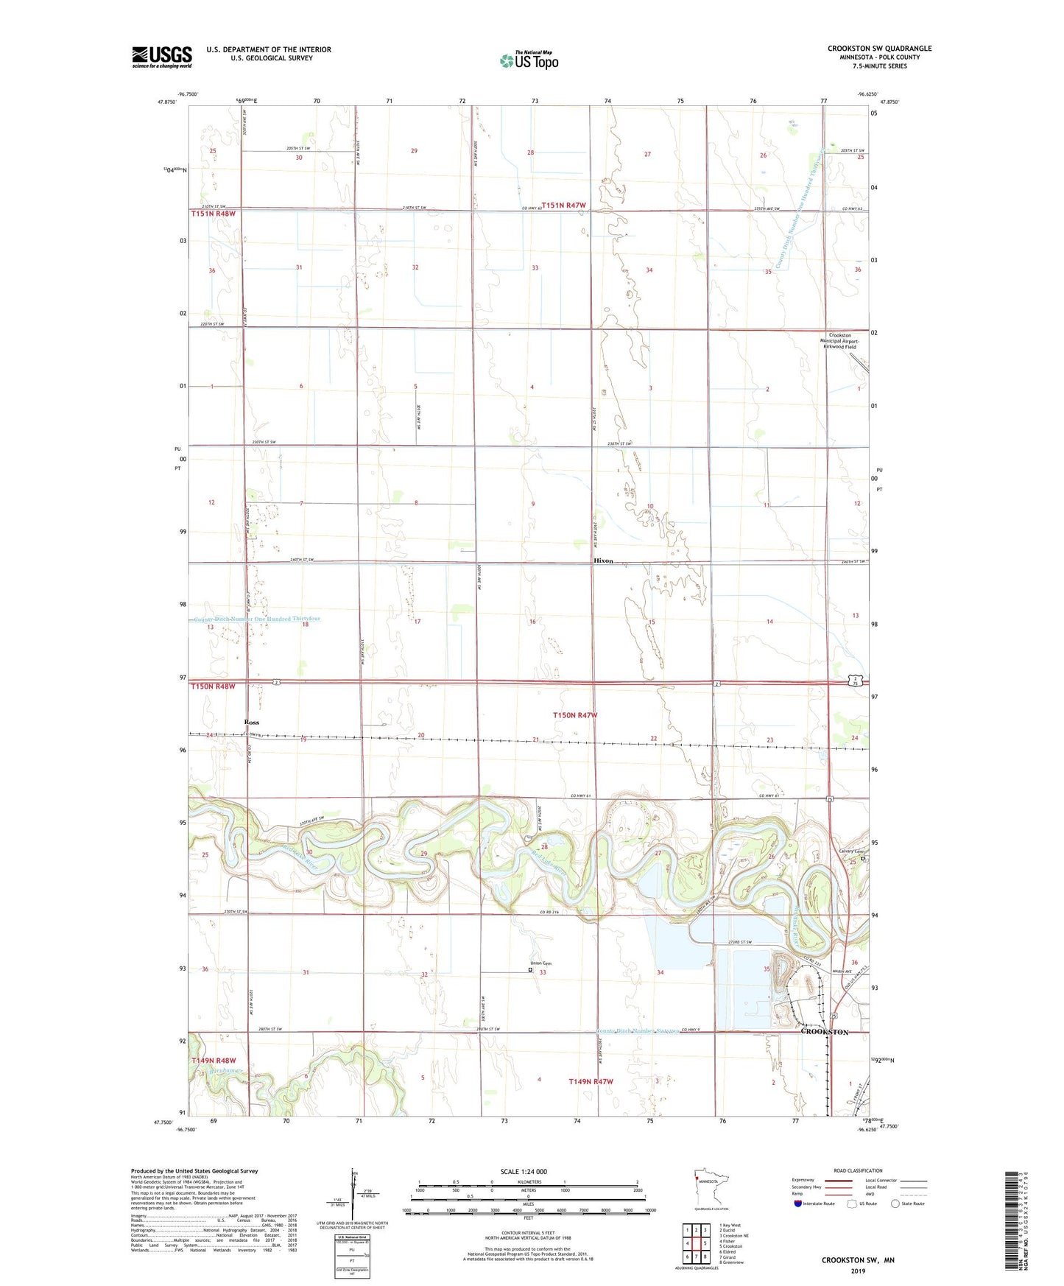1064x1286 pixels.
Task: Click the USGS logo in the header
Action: (162, 57)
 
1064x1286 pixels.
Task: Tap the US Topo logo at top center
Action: (529, 60)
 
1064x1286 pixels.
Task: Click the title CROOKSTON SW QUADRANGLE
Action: (879, 49)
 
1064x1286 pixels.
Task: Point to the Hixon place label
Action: (603, 561)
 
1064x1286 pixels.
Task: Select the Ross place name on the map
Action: (252, 722)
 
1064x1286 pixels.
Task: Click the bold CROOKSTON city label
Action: (824, 1032)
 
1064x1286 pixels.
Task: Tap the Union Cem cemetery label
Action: (540, 963)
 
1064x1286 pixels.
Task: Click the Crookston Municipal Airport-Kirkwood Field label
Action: (839, 340)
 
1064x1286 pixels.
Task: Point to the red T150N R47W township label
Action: (575, 715)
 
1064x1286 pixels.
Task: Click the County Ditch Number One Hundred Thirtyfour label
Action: (257, 619)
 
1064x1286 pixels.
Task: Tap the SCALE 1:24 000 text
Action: (524, 1171)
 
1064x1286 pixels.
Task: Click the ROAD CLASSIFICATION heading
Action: (858, 1170)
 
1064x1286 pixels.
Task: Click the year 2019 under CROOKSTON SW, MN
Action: (858, 1271)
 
